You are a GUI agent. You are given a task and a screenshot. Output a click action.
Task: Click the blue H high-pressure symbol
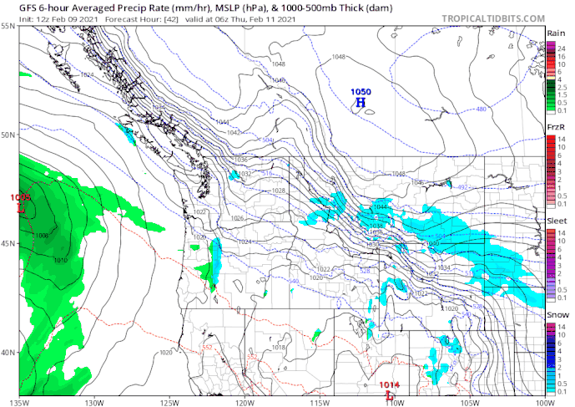361,103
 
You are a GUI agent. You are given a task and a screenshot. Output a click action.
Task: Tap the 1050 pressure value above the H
361,91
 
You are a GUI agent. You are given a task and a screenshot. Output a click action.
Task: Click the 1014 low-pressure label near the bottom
388,385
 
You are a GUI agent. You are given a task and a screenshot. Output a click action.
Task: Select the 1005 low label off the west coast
22,196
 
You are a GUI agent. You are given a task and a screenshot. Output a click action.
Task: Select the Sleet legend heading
556,220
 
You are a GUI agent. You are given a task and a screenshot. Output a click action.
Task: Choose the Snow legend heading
556,314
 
